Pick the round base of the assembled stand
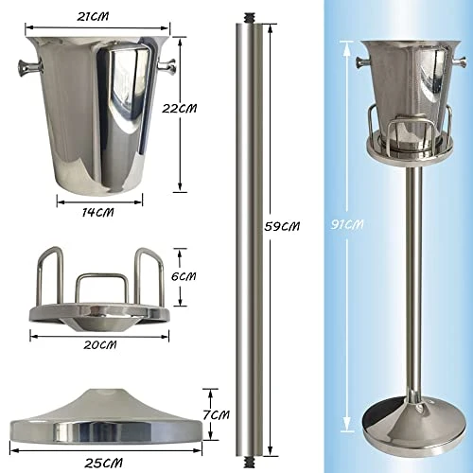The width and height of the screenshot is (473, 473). tap(412, 426)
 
